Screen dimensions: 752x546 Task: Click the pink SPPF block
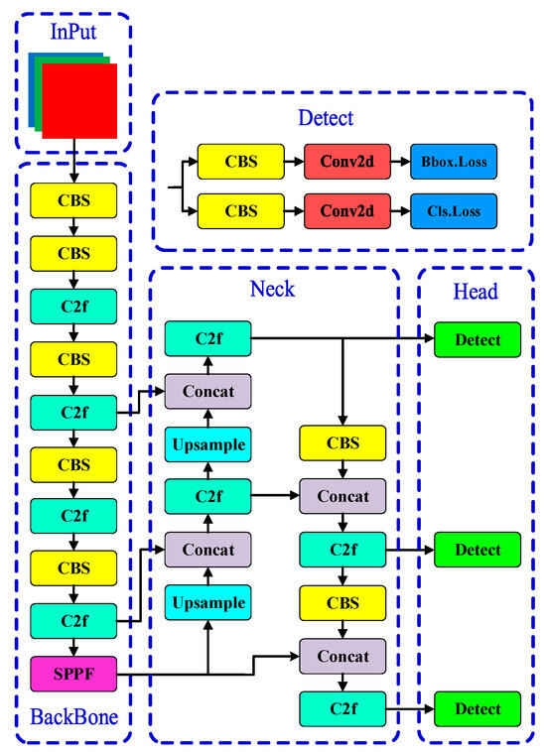pos(73,674)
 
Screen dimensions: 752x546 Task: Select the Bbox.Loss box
pos(454,161)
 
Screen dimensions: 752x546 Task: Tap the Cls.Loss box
pos(454,211)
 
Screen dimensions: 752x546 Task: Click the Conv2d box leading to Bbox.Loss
pos(347,161)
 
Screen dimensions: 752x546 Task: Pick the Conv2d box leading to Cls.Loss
pos(347,211)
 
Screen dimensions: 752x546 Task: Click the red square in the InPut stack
pos(79,100)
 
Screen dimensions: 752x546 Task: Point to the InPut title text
pos(74,33)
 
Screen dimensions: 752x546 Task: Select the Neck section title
pos(273,291)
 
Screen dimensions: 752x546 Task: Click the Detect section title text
pos(326,118)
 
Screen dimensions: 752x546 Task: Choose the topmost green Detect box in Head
pos(478,340)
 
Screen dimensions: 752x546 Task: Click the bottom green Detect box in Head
pos(478,709)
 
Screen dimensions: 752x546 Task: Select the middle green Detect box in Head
pos(478,550)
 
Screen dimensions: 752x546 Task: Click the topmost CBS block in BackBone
pos(73,200)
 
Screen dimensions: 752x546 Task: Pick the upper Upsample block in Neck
pos(208,443)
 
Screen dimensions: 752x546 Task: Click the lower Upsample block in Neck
pos(208,603)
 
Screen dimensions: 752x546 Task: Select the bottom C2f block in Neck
pos(342,709)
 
